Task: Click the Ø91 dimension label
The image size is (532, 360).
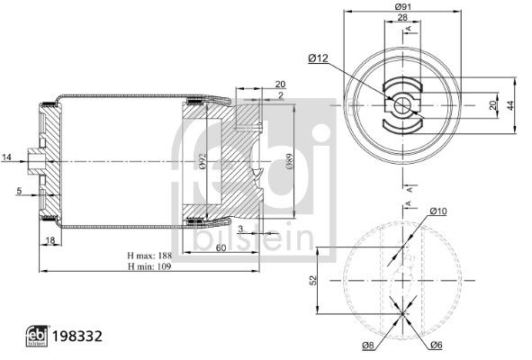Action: pyautogui.click(x=402, y=6)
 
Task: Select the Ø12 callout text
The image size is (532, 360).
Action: pyautogui.click(x=319, y=58)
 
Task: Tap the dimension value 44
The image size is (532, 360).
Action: pyautogui.click(x=510, y=105)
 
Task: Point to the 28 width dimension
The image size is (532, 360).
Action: pyautogui.click(x=402, y=17)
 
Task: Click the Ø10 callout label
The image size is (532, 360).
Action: pyautogui.click(x=438, y=211)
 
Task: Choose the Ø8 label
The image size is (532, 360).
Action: pyautogui.click(x=368, y=346)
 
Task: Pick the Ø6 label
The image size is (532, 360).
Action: pyautogui.click(x=437, y=345)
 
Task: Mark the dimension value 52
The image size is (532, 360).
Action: pyautogui.click(x=313, y=280)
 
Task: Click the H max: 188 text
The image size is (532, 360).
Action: pyautogui.click(x=149, y=256)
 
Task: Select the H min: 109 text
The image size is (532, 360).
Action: pyautogui.click(x=149, y=266)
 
